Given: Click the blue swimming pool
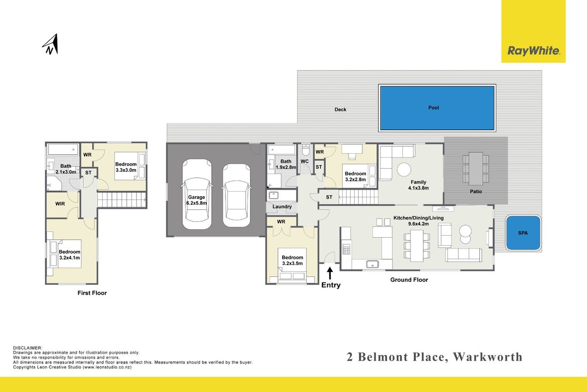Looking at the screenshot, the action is pos(437,108).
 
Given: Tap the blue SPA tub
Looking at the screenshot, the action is pos(523,233).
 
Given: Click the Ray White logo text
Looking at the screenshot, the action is pos(534,50).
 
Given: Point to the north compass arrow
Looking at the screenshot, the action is pos(51,44).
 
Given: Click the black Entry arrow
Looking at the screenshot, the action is pos(330,273).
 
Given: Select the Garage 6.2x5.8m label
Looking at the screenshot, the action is pos(197,200).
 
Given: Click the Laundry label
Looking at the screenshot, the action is pos(282,207).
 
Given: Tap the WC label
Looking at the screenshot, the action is pos(304,161).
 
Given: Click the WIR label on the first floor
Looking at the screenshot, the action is pos(60,204).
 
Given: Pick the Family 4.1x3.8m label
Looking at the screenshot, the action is pos(419,185).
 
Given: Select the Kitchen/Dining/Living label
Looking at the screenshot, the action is pos(419,218).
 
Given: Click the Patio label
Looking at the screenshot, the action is pos(476,192).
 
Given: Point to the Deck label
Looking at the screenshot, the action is pos(340,109).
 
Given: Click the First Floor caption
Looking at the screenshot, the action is pos(92,293).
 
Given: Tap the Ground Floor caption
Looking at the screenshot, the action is pos(409,280).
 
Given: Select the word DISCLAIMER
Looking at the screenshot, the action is pos(27,348).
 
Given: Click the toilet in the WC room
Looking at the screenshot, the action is pos(306,150).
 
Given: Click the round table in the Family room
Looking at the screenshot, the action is pos(404,170).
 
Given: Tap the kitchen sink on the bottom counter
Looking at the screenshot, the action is pos(372,264).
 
